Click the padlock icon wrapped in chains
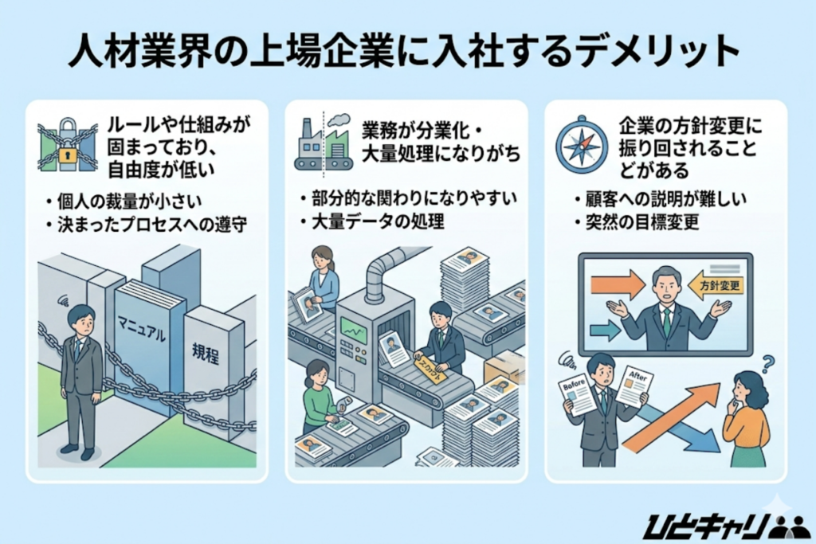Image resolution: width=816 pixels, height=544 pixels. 67,144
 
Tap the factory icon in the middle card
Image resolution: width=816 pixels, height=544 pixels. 323,144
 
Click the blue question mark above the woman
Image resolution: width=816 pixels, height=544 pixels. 768,364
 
